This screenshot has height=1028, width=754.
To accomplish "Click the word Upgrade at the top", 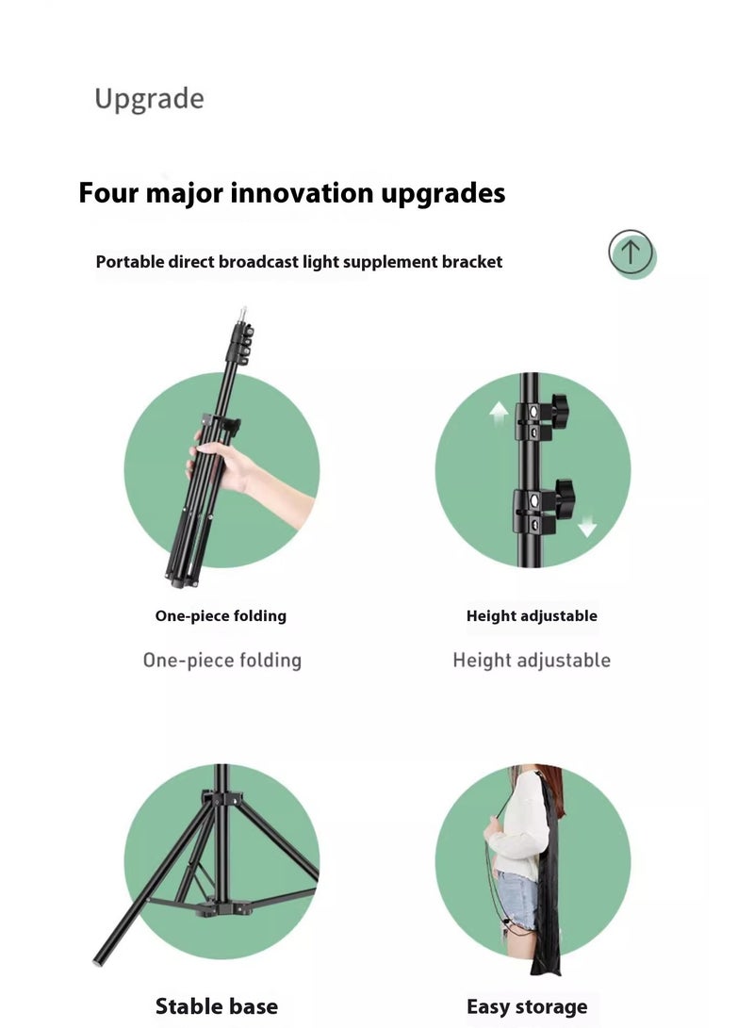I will [149, 99].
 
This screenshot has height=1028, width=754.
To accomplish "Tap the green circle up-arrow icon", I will [631, 253].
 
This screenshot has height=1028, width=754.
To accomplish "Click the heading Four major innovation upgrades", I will [291, 193].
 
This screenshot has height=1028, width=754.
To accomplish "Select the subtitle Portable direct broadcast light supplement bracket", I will [299, 262].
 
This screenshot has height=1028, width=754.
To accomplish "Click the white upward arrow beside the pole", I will [499, 411].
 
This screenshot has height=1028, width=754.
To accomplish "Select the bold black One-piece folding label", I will [221, 616].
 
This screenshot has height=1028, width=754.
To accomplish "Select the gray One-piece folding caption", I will [221, 661].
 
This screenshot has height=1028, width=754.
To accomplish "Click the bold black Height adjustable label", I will [532, 616].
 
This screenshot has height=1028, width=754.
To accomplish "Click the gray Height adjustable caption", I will [532, 661].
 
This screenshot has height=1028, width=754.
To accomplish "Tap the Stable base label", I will [217, 1006].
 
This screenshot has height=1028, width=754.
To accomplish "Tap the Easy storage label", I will [527, 1006].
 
